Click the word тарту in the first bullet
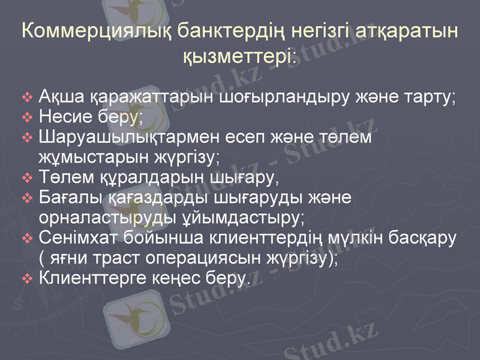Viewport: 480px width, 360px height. [x=428, y=96]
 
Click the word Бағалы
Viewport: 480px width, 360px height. [x=65, y=198]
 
